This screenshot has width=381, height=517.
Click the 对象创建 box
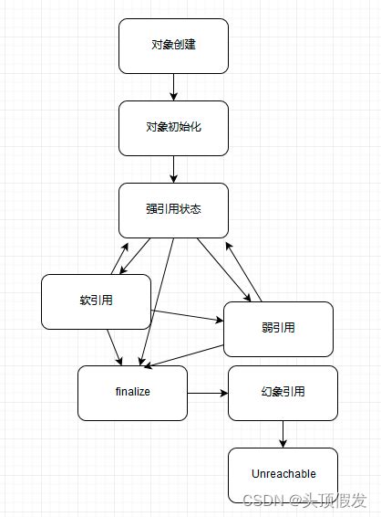(x=173, y=46)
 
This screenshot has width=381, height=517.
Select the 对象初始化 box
(x=173, y=127)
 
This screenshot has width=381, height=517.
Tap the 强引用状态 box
(x=173, y=210)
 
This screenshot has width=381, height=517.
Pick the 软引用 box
(x=96, y=301)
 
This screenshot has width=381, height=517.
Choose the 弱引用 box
(x=278, y=329)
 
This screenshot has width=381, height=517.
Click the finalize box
(x=132, y=393)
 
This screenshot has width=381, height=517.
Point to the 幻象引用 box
(x=283, y=393)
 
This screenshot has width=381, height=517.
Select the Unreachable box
(x=283, y=474)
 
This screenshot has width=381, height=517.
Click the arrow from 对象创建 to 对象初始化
(x=173, y=87)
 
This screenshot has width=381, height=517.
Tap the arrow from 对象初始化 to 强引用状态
(x=173, y=169)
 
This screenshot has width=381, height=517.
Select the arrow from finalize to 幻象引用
(x=207, y=393)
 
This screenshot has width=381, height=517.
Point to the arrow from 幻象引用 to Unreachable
(x=283, y=434)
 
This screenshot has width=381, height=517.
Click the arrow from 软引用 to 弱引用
(x=187, y=316)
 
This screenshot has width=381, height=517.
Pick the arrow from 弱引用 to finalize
(x=187, y=356)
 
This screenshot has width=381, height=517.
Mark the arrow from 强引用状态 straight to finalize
(x=157, y=301)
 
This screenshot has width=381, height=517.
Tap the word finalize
(x=132, y=392)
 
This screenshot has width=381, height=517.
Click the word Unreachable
(x=283, y=474)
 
